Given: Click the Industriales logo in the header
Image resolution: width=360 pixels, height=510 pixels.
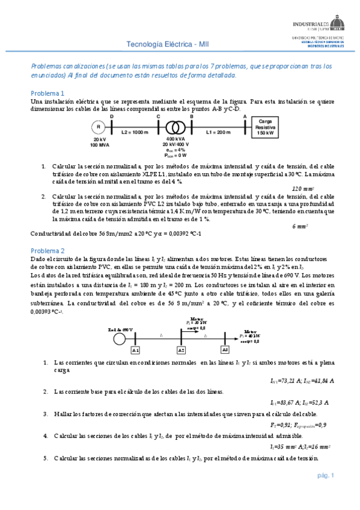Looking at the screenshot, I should coord(319,23).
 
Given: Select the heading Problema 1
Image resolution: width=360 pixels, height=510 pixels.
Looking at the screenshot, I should coord(47,93).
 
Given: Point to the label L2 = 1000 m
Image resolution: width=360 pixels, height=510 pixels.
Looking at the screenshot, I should coord(135,131).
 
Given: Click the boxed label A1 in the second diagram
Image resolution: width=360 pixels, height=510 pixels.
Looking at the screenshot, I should coord(135,350).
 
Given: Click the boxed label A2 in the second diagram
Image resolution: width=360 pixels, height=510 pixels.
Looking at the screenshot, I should coord(181,350).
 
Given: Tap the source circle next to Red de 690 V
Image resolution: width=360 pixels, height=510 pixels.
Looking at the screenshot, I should coord(120,338).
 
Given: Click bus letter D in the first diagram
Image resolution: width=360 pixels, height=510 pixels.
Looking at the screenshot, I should coord(128,117).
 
